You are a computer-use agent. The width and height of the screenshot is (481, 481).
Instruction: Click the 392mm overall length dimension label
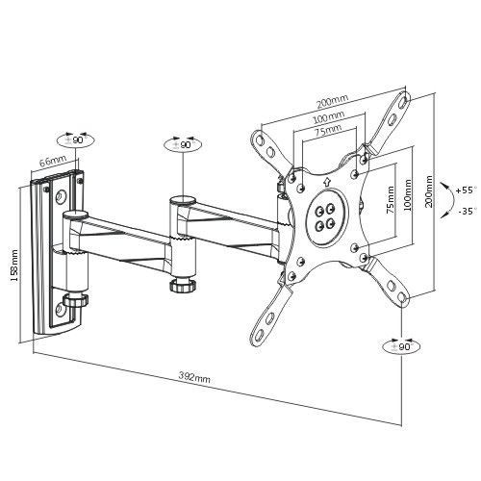[194, 378]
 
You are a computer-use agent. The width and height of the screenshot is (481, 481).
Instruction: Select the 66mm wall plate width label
[53, 161]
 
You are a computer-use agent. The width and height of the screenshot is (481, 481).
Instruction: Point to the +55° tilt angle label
[465, 190]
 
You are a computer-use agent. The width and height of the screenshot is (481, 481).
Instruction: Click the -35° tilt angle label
[466, 212]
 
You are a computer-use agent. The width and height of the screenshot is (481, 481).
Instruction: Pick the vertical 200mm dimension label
[429, 191]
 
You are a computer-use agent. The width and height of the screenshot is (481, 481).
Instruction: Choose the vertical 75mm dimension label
[390, 199]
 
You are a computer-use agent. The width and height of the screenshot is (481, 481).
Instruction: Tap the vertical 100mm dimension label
[407, 194]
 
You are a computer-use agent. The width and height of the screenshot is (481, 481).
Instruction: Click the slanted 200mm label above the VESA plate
[332, 102]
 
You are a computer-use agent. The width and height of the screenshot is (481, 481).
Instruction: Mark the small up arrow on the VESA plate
[326, 182]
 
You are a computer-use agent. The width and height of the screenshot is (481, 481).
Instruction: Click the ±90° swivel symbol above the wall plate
[76, 139]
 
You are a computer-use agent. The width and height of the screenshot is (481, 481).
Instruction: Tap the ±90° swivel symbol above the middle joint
[183, 144]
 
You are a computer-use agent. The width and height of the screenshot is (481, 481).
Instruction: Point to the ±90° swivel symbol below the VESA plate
[402, 346]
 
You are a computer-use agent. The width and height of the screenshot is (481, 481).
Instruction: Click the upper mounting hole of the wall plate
[61, 196]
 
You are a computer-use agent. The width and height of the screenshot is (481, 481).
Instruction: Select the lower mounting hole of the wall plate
[60, 310]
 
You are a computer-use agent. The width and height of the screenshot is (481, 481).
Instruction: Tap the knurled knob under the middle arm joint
[183, 285]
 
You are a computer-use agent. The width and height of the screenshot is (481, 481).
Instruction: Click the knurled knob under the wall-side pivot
[76, 300]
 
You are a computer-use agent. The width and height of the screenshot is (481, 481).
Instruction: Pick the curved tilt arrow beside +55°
[450, 200]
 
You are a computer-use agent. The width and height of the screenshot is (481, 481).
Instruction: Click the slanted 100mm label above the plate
[329, 117]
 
